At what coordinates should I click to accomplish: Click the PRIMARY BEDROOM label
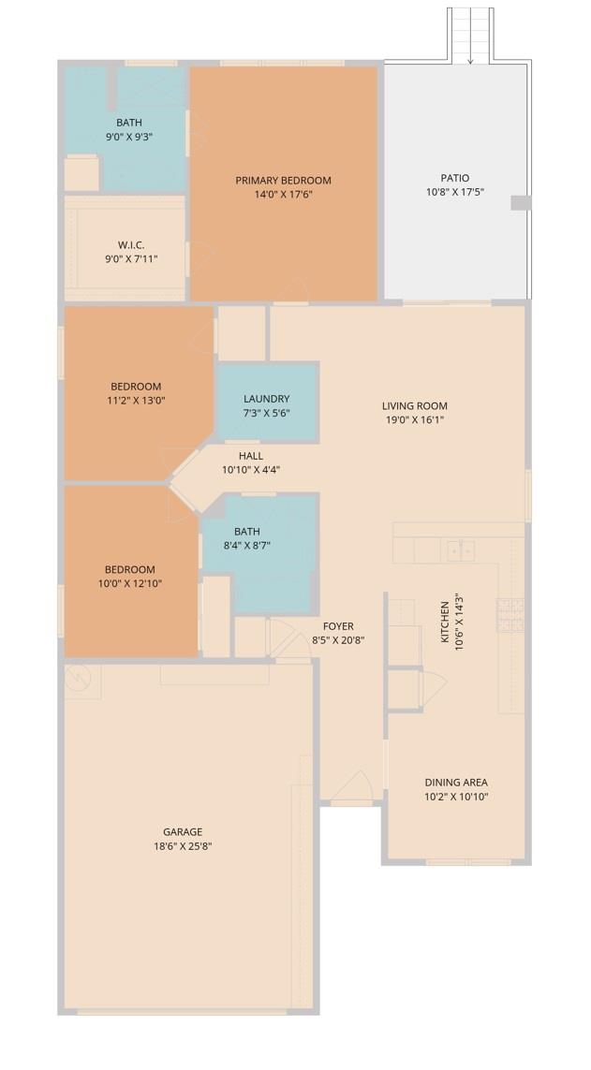tap(283, 181)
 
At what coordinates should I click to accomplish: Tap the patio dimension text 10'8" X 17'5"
tap(455, 192)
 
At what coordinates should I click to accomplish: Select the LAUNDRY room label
tap(266, 399)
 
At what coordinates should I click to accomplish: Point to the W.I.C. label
tap(131, 245)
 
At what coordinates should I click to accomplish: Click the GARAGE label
tap(183, 831)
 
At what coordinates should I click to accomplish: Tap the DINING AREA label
tap(456, 783)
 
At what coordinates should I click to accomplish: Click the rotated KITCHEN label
tap(446, 622)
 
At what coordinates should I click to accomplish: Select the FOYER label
tap(338, 626)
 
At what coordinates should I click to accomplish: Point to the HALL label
tap(251, 456)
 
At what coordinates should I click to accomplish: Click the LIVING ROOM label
tap(415, 406)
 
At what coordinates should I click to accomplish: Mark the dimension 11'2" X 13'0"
tap(136, 401)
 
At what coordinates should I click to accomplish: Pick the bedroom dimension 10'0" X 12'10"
tap(130, 584)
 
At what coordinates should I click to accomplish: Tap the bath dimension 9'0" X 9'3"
tap(129, 137)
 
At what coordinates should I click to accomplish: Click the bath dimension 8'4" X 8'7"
tap(247, 546)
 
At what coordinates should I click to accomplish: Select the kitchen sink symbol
tap(459, 550)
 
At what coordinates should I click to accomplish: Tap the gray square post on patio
tap(520, 203)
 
